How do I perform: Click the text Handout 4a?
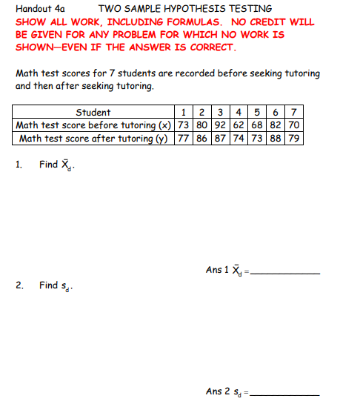pos(40,10)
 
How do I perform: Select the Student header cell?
pos(93,113)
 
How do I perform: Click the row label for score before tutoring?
pos(93,125)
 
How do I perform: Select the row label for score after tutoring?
pos(93,138)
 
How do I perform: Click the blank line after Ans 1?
pos(287,274)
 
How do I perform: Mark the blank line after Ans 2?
pos(287,394)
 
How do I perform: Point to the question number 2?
pos(19,285)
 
